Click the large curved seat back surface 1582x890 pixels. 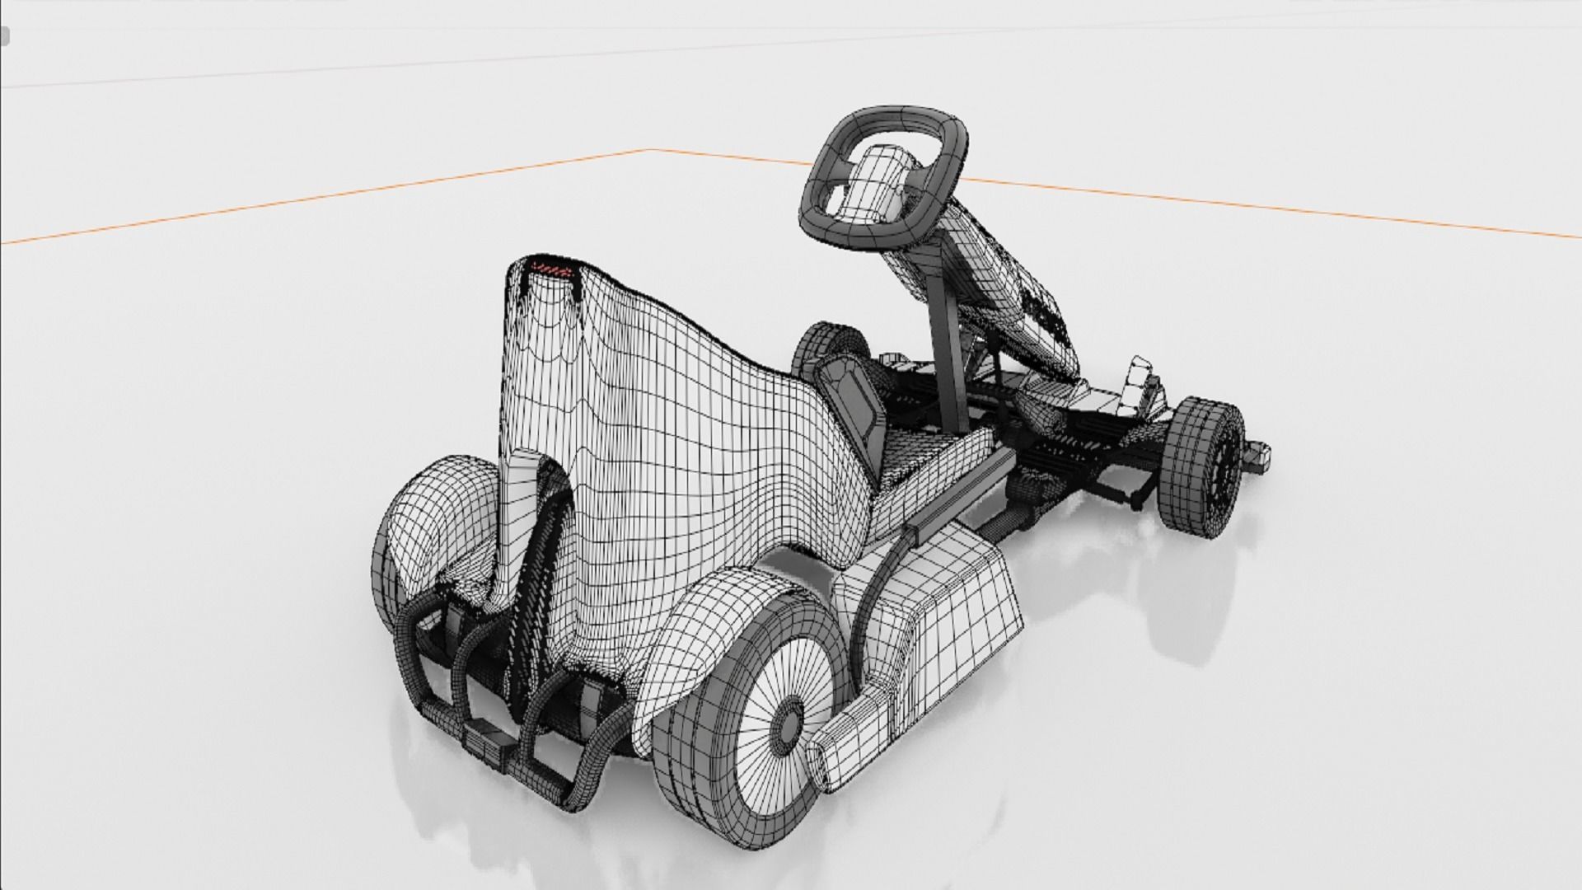pos(684,429)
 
